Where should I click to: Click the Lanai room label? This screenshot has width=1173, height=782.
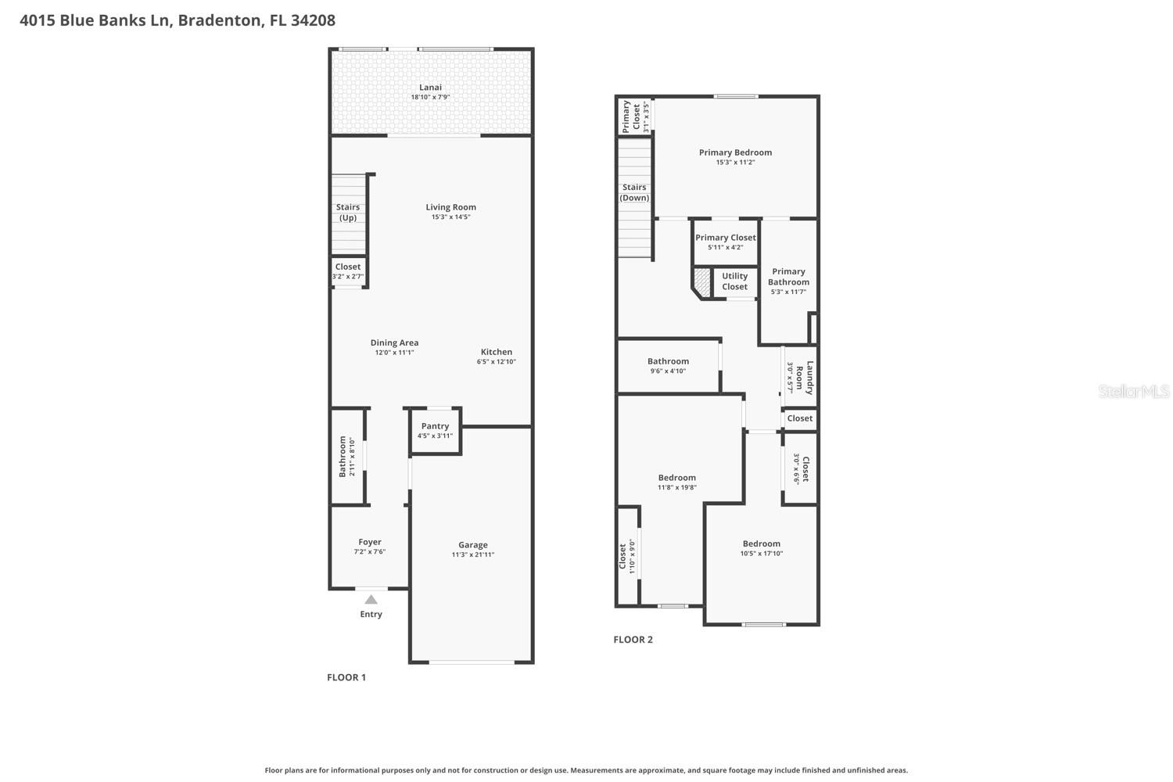[430, 88]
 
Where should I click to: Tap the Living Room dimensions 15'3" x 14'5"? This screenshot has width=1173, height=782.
[450, 217]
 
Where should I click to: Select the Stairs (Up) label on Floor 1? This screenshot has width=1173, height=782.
[348, 213]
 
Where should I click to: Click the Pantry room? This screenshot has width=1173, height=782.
[435, 430]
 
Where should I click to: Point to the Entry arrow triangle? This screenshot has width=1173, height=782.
[371, 600]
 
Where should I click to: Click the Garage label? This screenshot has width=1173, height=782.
[472, 545]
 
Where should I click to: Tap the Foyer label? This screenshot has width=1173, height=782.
[370, 542]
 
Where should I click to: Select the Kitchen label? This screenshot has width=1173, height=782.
[497, 352]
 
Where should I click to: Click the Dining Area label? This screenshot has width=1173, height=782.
[394, 343]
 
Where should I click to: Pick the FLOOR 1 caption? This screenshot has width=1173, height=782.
[346, 677]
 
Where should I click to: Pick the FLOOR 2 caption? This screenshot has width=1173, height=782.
[633, 640]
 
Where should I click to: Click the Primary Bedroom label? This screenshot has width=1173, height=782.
[735, 152]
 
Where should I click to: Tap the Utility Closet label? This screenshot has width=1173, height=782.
[734, 282]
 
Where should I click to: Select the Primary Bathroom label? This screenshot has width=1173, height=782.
[788, 277]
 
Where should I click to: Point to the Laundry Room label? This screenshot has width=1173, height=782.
[805, 378]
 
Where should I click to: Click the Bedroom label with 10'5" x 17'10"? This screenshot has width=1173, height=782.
[761, 543]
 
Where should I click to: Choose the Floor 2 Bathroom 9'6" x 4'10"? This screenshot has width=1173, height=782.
[668, 365]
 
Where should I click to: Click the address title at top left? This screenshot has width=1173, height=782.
[178, 20]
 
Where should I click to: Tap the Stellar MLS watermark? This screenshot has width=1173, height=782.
[1133, 391]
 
